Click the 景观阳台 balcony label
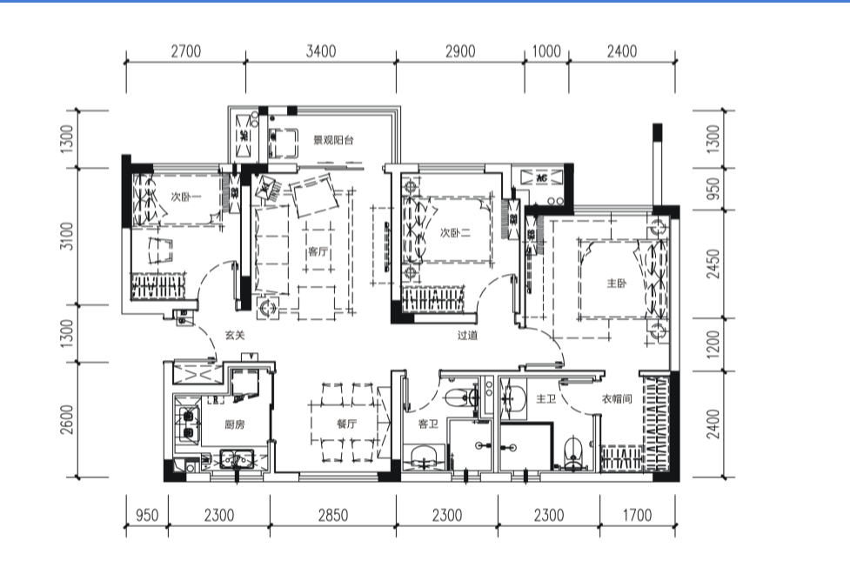[333, 140]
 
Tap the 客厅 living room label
[318, 251]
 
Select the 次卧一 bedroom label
[185, 197]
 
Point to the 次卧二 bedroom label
[455, 233]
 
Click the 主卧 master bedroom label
[617, 283]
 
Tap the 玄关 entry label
[235, 335]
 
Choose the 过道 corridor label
[467, 335]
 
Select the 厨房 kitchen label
[235, 424]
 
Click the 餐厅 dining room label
[347, 424]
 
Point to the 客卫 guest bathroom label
[428, 424]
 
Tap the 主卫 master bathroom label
[545, 399]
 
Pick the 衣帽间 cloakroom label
[617, 399]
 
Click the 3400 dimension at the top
[321, 51]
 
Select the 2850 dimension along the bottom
[333, 515]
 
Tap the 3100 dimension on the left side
[67, 236]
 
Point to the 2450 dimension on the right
[713, 264]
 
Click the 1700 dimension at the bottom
[637, 515]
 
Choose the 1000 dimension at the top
[545, 51]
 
